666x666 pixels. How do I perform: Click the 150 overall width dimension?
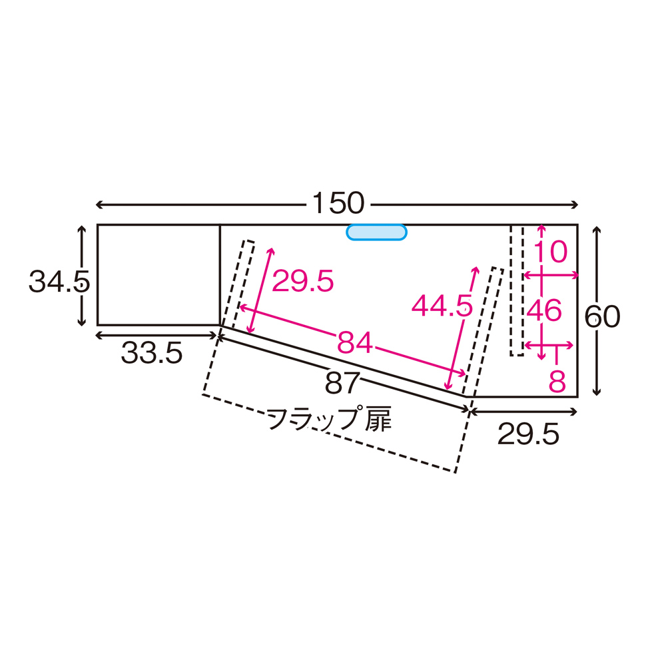(338, 203)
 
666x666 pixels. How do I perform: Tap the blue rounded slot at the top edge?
(376, 232)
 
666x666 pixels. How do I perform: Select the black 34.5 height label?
(59, 282)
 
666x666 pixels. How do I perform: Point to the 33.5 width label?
(152, 353)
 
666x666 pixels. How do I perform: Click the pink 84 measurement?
(355, 342)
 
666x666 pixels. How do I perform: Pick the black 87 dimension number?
(342, 383)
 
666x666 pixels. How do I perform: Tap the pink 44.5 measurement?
(442, 306)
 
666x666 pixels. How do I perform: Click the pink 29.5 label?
(303, 281)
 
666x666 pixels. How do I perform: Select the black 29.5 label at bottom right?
(528, 434)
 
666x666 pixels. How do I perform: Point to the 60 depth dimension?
(602, 316)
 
